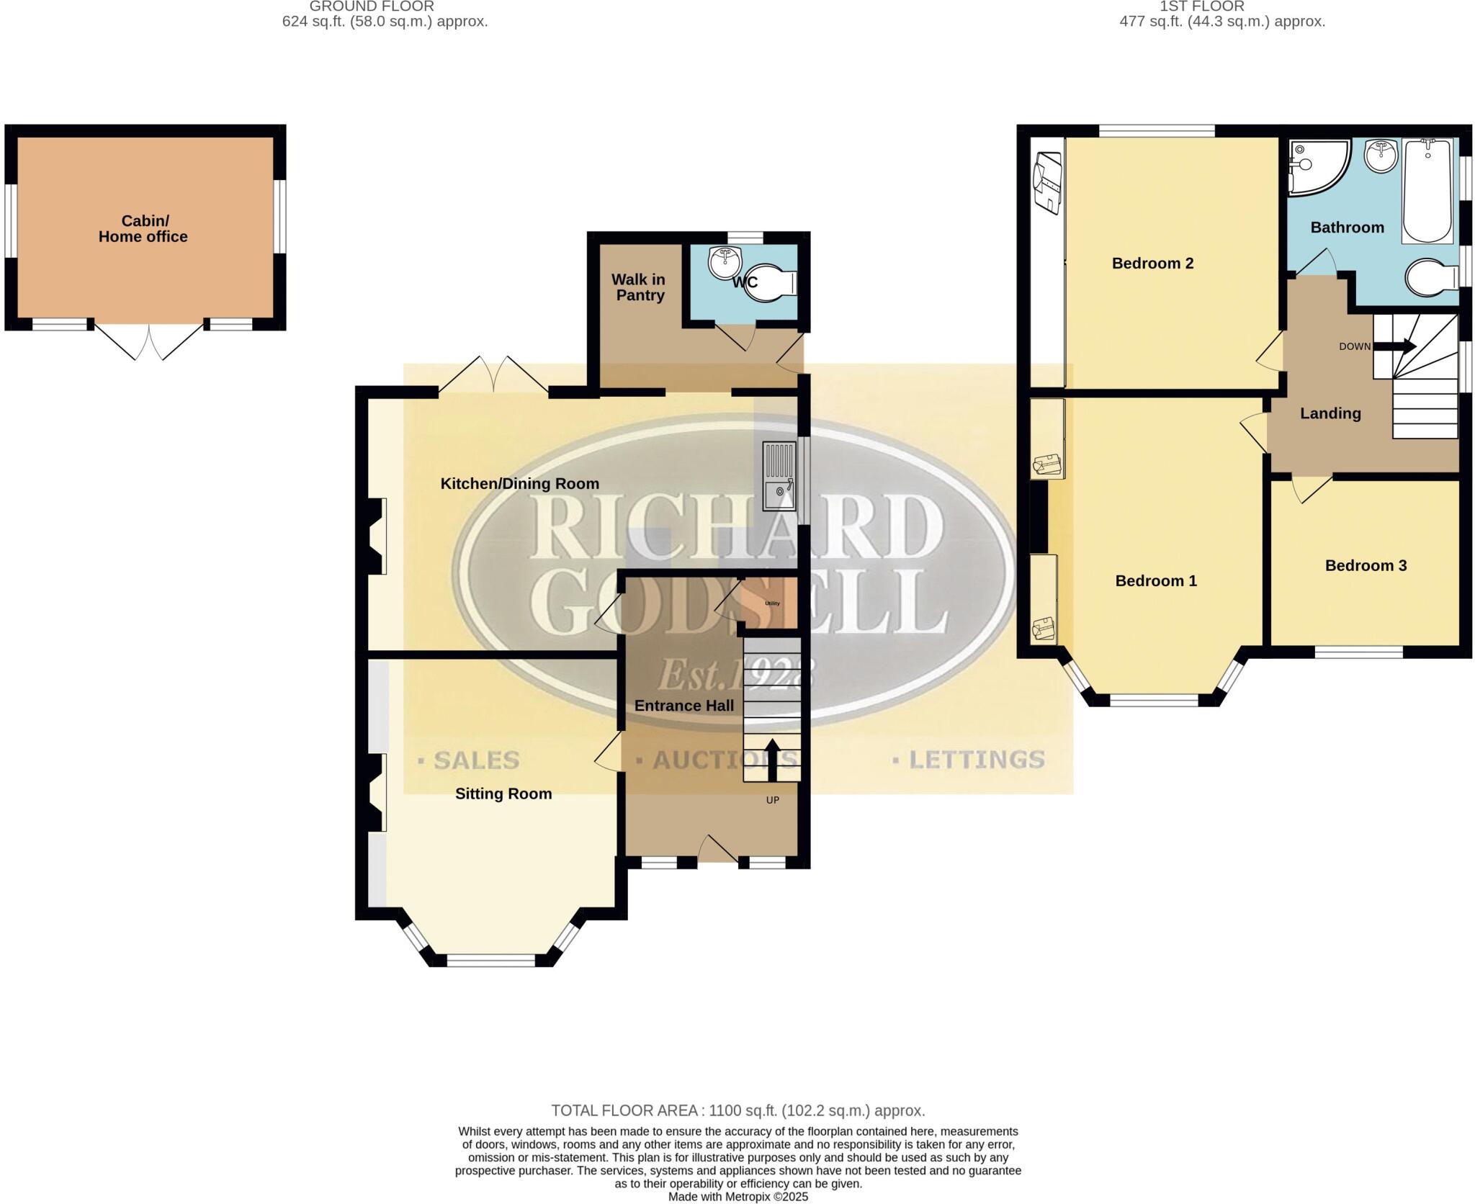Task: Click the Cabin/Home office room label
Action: tap(143, 229)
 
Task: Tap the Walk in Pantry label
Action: tap(639, 287)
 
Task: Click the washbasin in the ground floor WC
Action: tap(723, 262)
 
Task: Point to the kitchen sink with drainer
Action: tap(779, 476)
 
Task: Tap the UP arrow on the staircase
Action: tap(771, 760)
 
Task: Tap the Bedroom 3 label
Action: tap(1366, 566)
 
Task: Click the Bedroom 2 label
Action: tap(1152, 264)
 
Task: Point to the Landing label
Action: tap(1330, 413)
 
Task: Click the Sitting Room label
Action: tap(503, 794)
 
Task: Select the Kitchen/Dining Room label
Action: tap(519, 484)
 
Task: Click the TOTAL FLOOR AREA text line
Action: tap(737, 1110)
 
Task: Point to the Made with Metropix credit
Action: tap(737, 1197)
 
